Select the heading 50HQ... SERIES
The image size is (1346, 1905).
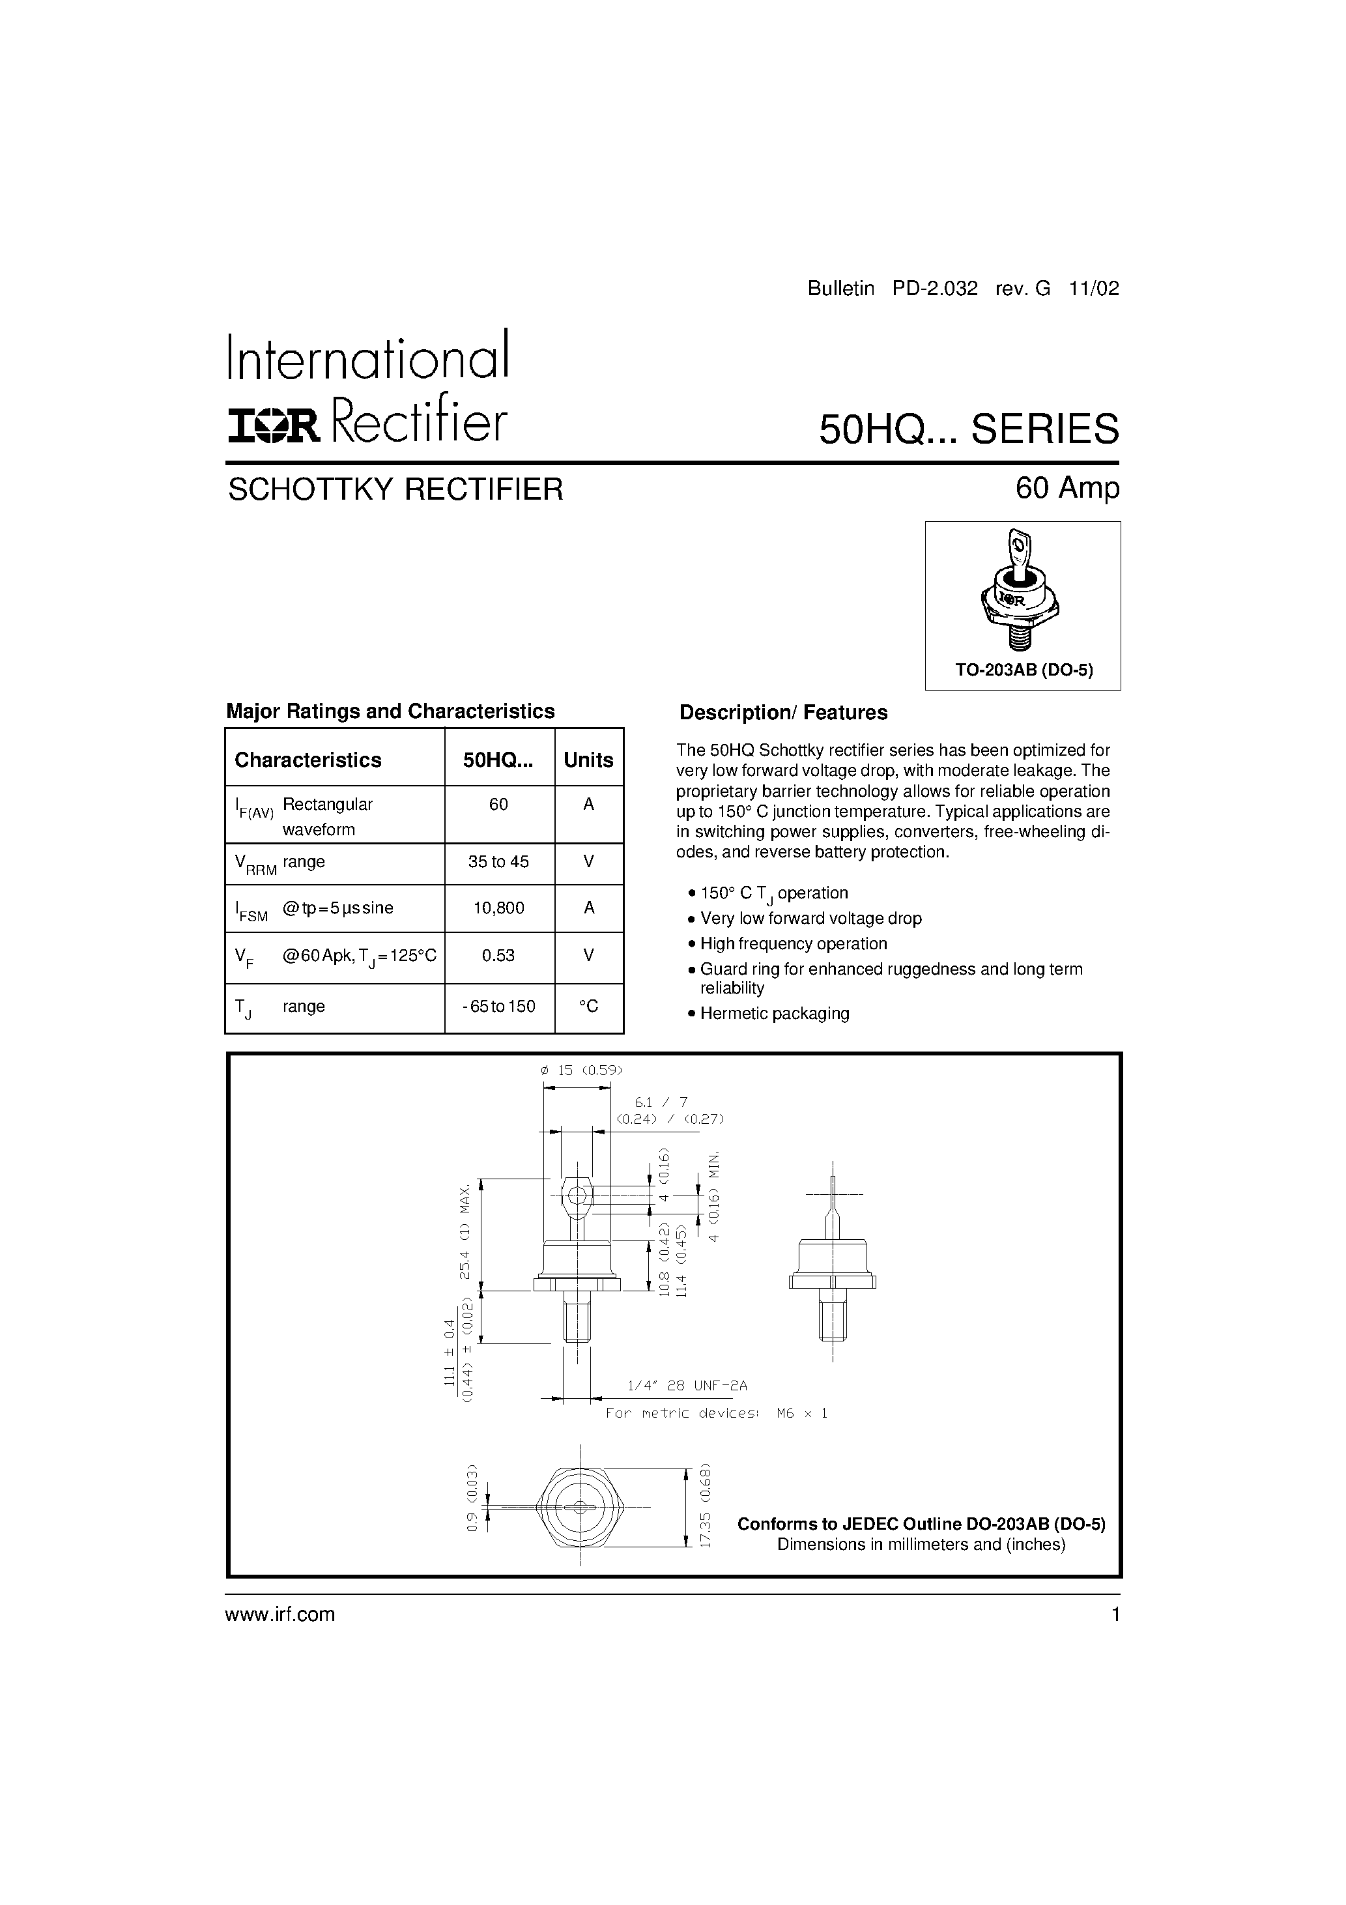968,429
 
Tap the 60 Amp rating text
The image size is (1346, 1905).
1067,488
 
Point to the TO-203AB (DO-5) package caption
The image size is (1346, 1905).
1024,670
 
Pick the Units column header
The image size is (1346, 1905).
588,760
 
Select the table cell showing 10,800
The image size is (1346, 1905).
499,908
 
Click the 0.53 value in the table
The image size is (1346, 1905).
499,955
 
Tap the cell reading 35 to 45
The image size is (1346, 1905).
499,862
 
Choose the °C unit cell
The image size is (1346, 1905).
588,1007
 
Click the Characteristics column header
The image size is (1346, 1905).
308,760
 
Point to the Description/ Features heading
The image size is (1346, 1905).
783,713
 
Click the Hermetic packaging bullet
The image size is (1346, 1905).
774,1013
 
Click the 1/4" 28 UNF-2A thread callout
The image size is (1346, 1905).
687,1386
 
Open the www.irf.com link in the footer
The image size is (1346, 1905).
281,1614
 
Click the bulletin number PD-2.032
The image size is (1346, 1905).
936,289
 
